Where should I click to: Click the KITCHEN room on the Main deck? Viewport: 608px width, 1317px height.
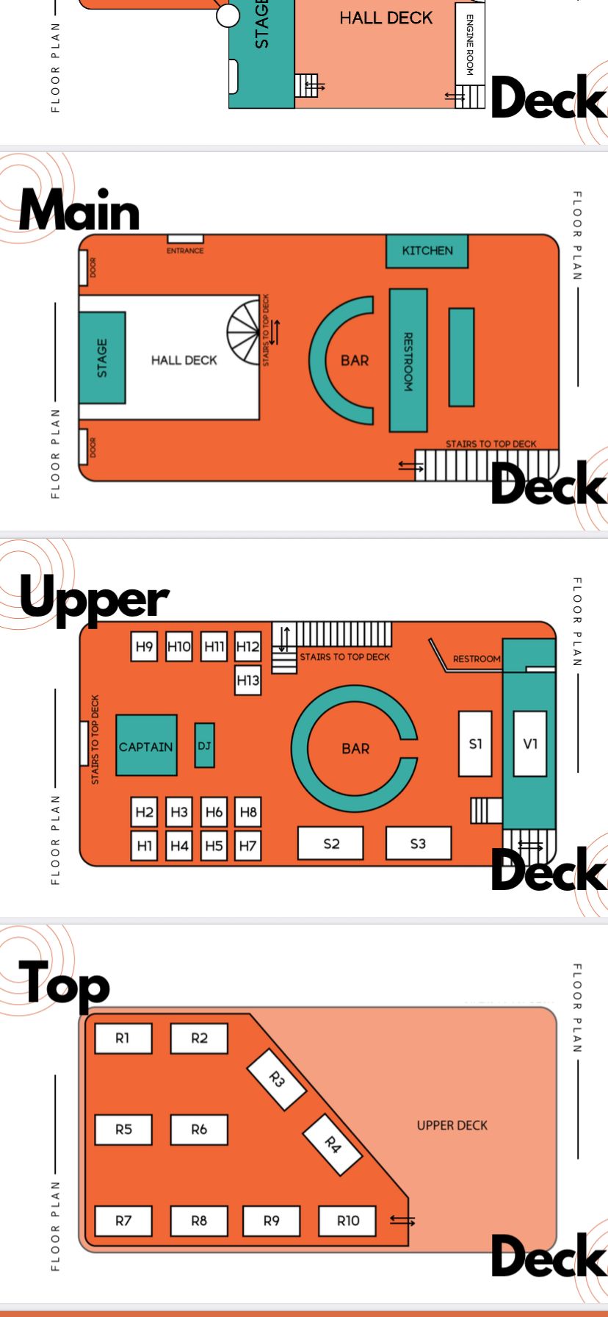pyautogui.click(x=427, y=251)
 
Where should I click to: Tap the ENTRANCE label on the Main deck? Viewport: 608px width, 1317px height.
pyautogui.click(x=185, y=251)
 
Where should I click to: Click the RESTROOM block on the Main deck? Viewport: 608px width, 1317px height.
pyautogui.click(x=408, y=360)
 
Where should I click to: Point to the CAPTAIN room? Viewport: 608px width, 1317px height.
pyautogui.click(x=146, y=746)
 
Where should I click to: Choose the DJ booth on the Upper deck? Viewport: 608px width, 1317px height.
pyautogui.click(x=204, y=745)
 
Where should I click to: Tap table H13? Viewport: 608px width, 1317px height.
pyautogui.click(x=248, y=680)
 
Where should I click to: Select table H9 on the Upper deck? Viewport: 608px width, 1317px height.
pyautogui.click(x=144, y=646)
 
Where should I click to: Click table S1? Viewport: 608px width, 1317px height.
pyautogui.click(x=475, y=744)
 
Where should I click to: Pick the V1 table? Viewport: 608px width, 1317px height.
pyautogui.click(x=530, y=744)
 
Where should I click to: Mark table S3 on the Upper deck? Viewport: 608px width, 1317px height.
pyautogui.click(x=418, y=844)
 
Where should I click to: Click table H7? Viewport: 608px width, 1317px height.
pyautogui.click(x=248, y=846)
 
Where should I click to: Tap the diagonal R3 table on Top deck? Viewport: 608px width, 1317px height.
pyautogui.click(x=276, y=1079)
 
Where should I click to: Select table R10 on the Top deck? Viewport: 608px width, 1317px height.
pyautogui.click(x=348, y=1221)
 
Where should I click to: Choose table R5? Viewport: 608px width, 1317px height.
pyautogui.click(x=123, y=1130)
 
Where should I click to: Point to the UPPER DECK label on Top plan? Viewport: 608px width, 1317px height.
pyautogui.click(x=452, y=1125)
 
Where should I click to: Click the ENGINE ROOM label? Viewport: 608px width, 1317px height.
pyautogui.click(x=470, y=44)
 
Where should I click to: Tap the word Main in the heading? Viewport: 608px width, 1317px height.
pyautogui.click(x=79, y=211)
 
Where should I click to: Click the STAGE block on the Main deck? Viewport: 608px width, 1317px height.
pyautogui.click(x=102, y=358)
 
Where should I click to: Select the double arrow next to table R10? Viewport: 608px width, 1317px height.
pyautogui.click(x=402, y=1221)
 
